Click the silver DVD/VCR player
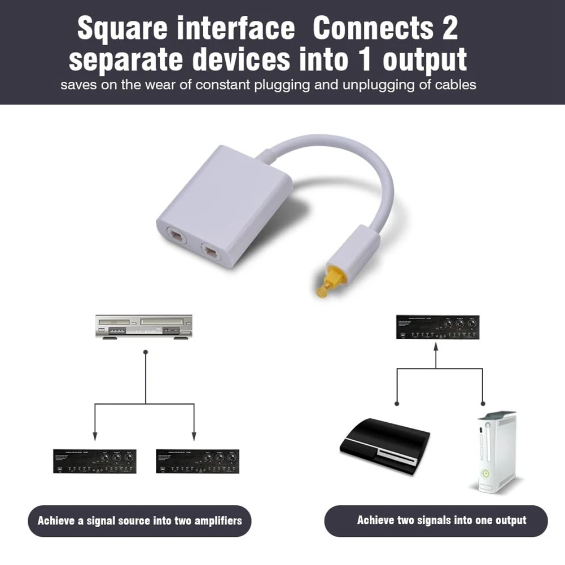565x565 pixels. pyautogui.click(x=143, y=327)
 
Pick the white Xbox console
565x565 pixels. pyautogui.click(x=496, y=452)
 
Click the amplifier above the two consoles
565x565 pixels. pyautogui.click(x=437, y=327)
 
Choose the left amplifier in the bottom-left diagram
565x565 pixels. pyautogui.click(x=95, y=461)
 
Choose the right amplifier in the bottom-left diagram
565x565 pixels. pyautogui.click(x=198, y=461)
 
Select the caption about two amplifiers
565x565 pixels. pyautogui.click(x=139, y=520)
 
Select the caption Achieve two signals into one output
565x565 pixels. pyautogui.click(x=436, y=520)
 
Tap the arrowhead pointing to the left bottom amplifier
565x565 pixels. pyautogui.click(x=95, y=436)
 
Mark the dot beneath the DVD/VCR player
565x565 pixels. pyautogui.click(x=146, y=352)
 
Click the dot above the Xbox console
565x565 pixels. pyautogui.click(x=483, y=404)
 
